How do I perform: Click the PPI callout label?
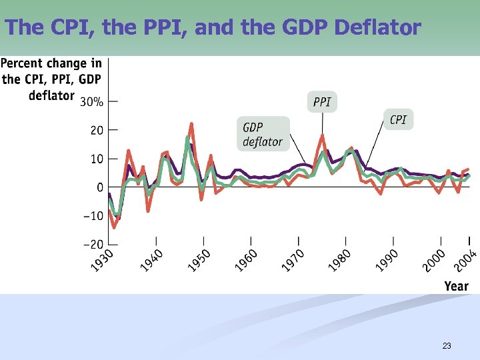click(x=322, y=103)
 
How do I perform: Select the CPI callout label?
click(x=398, y=119)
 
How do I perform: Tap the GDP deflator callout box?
click(x=262, y=134)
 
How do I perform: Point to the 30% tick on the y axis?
click(x=92, y=102)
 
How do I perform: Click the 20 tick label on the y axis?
click(x=96, y=131)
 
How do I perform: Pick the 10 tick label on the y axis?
click(x=96, y=159)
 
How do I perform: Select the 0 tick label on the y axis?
click(x=99, y=187)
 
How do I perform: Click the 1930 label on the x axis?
click(x=103, y=260)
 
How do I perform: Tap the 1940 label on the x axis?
click(x=151, y=260)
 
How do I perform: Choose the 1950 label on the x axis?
click(x=198, y=260)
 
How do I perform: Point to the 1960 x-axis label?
click(x=245, y=260)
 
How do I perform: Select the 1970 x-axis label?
click(x=293, y=260)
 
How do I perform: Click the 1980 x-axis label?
click(x=340, y=260)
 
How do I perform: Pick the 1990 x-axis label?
click(x=387, y=260)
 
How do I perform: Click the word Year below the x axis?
click(x=457, y=286)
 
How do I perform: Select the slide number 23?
click(x=447, y=346)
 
